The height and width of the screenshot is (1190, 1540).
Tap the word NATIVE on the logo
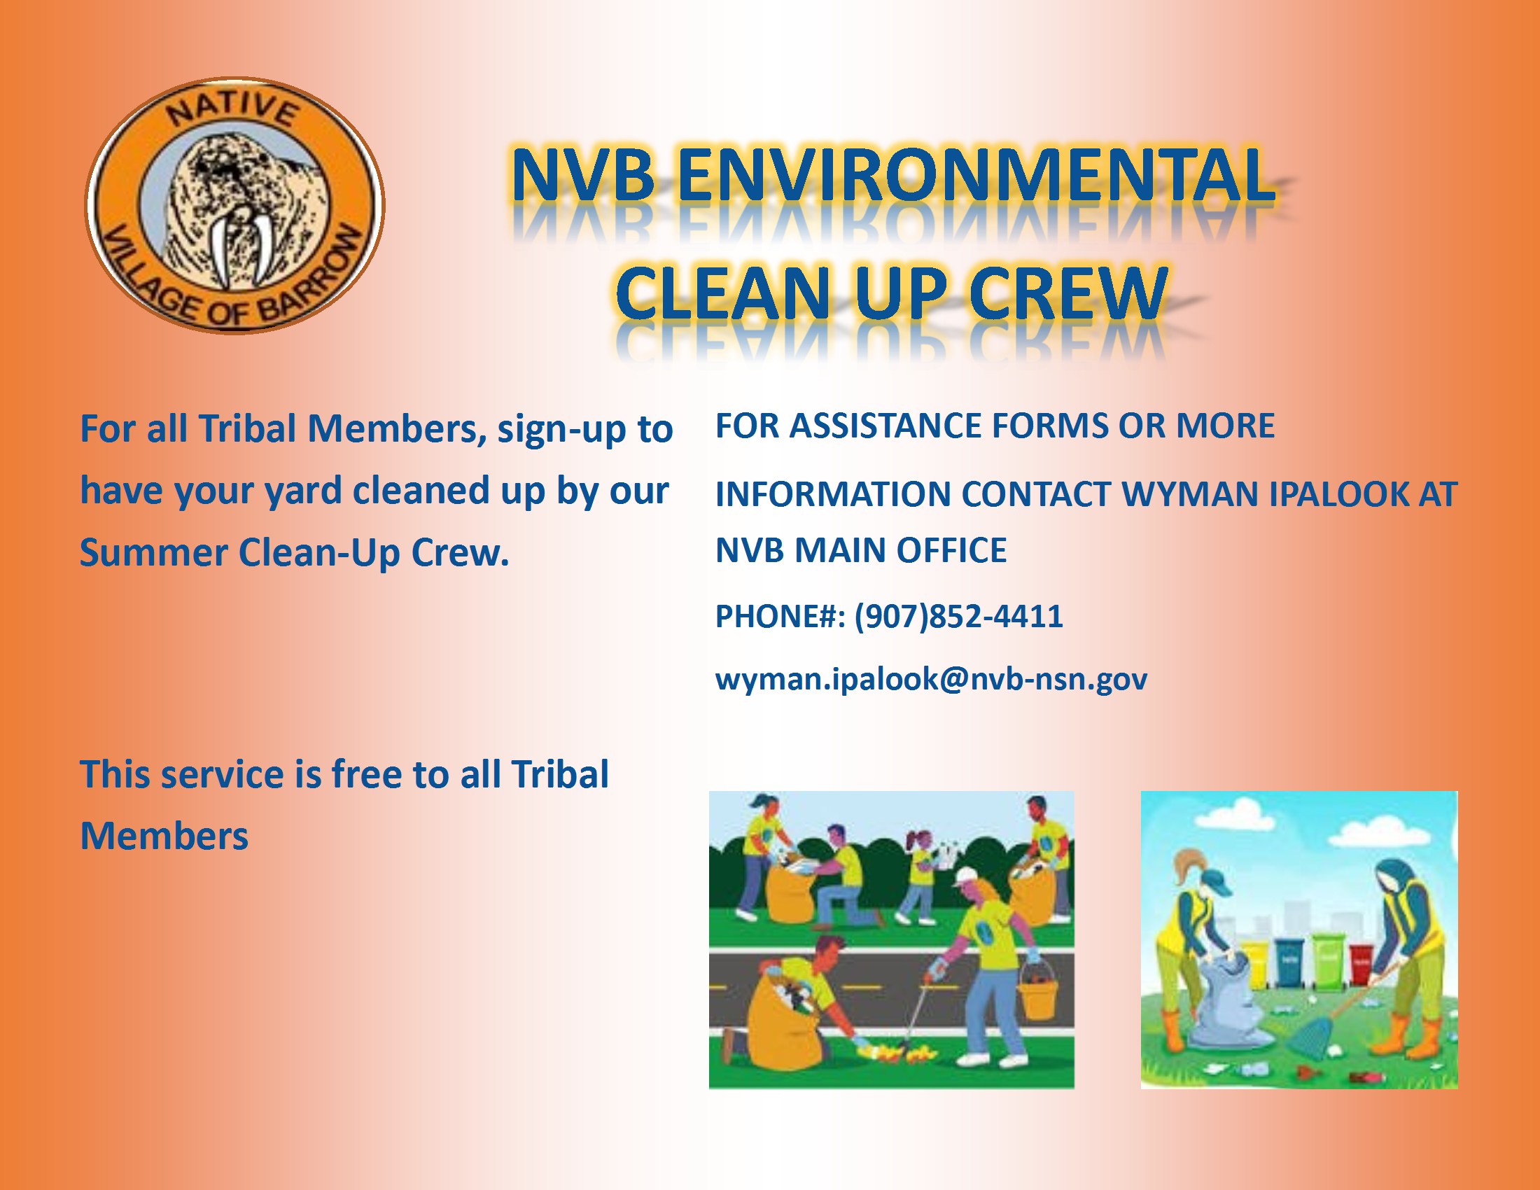232,110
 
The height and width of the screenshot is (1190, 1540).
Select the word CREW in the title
1068,292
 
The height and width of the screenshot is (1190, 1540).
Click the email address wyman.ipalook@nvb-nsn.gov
931,679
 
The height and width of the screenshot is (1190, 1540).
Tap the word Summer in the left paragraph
153,552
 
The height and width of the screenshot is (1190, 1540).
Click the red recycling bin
1359,965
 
